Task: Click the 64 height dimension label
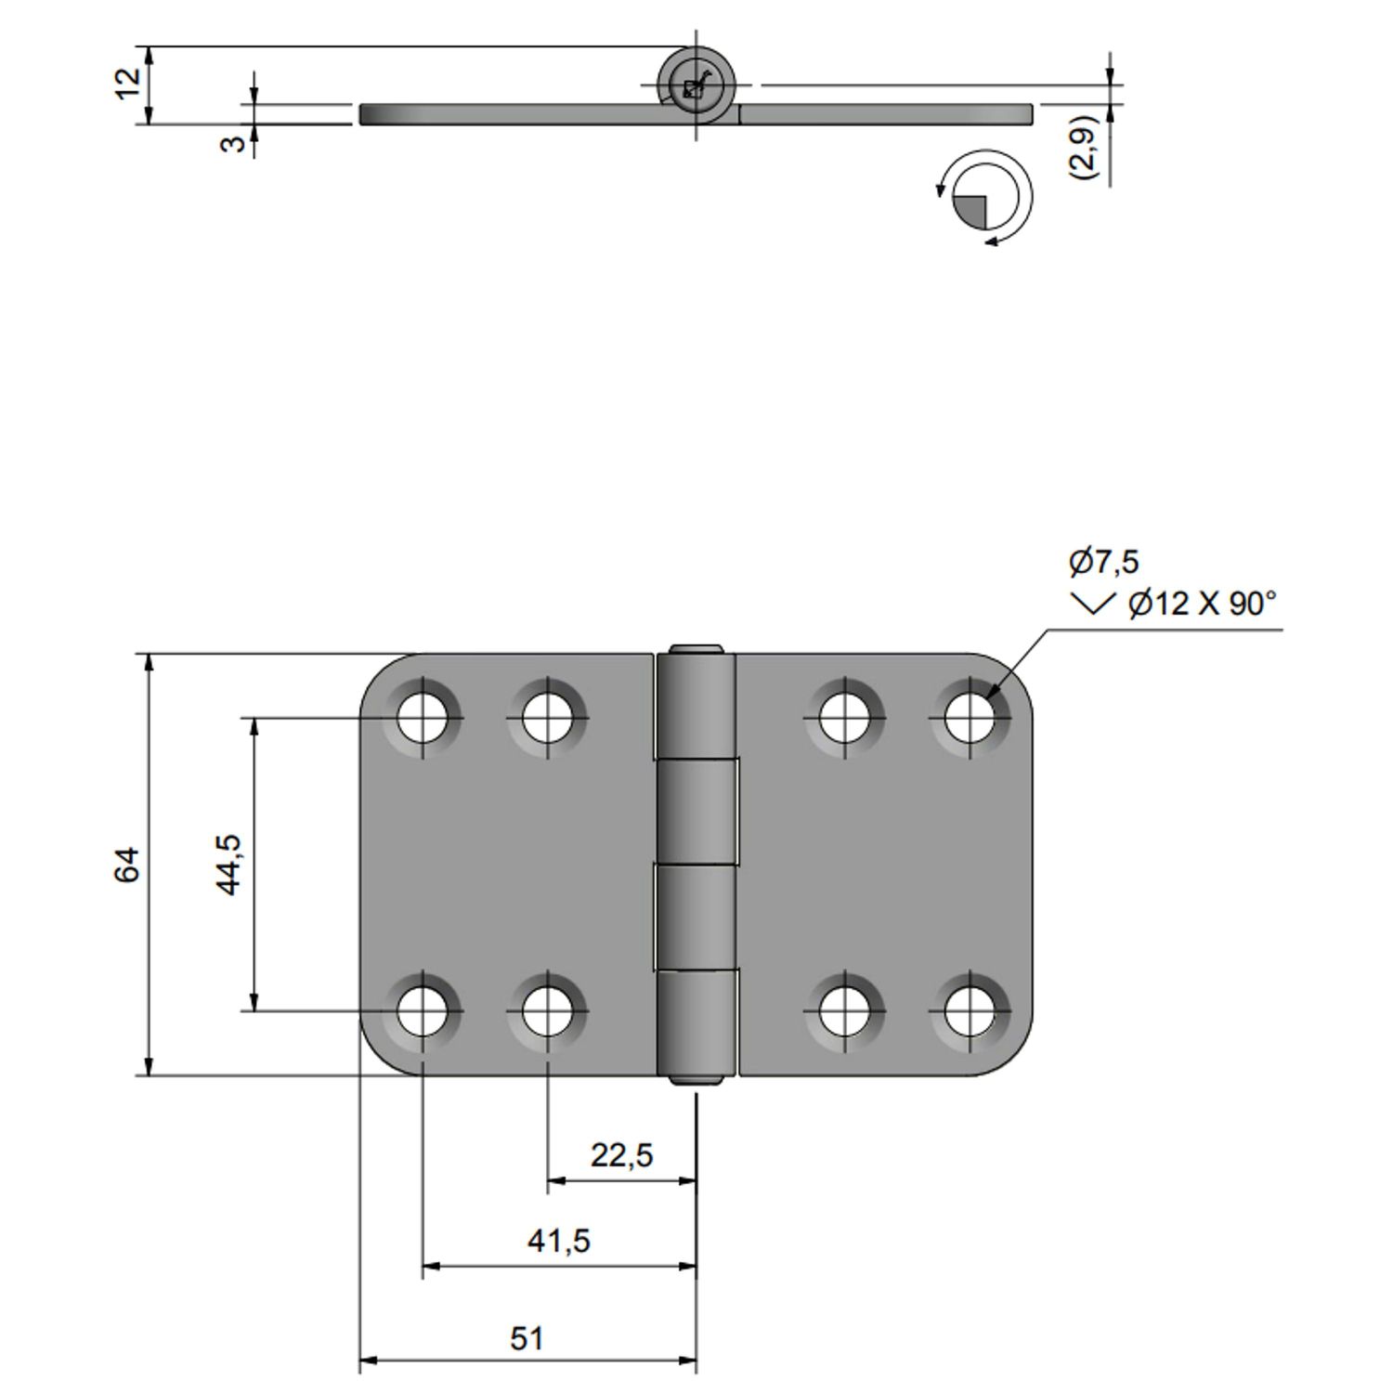tap(127, 865)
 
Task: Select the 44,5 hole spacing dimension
tap(228, 864)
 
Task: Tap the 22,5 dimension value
tap(621, 1155)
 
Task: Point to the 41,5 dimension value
tap(559, 1241)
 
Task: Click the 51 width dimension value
tap(527, 1338)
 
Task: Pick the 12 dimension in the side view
tap(129, 84)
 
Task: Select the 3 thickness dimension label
tap(236, 143)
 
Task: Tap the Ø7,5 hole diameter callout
tap(1103, 562)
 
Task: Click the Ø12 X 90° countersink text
tap(1202, 605)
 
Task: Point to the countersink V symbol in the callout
tap(1093, 605)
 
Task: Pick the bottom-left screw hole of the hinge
tap(423, 1009)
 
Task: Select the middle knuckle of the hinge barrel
tap(696, 813)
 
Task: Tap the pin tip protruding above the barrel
tap(696, 648)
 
